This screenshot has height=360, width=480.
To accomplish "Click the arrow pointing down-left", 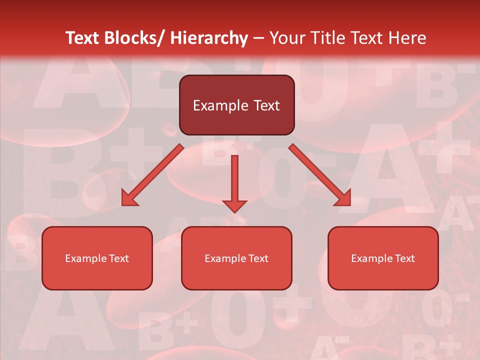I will point(152,175).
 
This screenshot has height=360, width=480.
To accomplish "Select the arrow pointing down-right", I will point(320,175).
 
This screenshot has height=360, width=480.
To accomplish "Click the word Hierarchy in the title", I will point(208,38).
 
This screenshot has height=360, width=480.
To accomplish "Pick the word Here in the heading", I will point(407,38).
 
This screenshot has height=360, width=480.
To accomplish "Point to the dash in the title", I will point(258,38).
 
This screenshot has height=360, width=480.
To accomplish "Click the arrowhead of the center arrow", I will point(234,205).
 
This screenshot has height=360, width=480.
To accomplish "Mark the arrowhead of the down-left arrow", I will point(129,199).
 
